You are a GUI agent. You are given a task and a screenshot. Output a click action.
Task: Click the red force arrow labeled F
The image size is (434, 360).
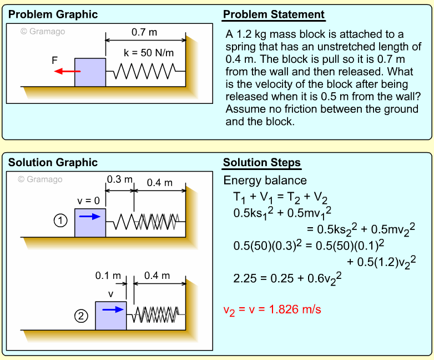pos(64,72)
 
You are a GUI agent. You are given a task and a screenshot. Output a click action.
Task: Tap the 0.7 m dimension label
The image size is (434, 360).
pos(144,32)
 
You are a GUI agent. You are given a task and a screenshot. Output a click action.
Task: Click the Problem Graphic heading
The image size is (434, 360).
pos(53,14)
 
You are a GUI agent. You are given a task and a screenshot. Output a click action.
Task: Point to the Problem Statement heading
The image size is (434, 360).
pos(274,14)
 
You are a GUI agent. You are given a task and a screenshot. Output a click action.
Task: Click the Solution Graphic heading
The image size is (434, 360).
pos(53,162)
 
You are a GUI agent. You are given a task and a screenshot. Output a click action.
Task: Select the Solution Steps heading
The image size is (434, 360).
pos(261,163)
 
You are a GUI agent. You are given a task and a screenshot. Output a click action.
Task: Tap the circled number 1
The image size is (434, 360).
pos(60,221)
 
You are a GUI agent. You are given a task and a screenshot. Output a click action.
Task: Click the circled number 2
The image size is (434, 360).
pos(81,316)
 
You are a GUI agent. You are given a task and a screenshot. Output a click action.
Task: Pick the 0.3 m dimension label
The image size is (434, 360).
pos(120,180)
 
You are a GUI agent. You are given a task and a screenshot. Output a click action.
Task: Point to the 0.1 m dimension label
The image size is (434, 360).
pos(108,276)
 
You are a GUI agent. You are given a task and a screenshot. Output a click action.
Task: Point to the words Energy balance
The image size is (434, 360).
pos(265,180)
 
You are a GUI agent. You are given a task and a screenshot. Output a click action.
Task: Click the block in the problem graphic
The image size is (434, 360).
pos(90,72)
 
